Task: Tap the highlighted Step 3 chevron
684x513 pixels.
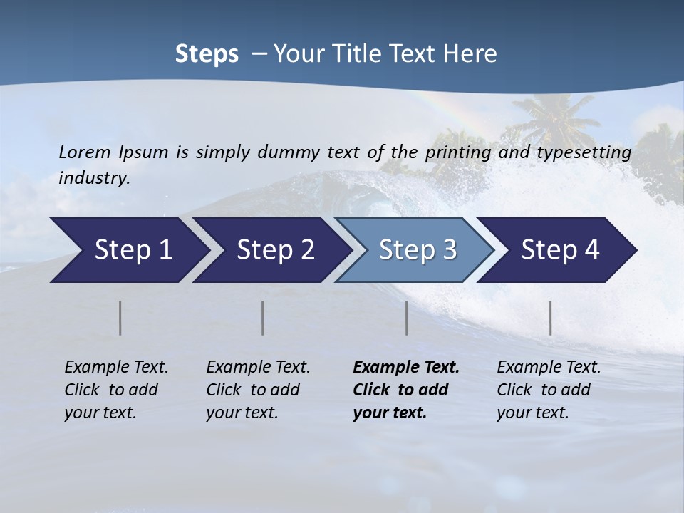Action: [x=418, y=250]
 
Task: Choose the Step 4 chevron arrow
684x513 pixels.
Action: [x=560, y=250]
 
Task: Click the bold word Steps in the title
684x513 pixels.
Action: [x=207, y=53]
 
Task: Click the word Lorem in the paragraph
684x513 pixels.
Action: [x=85, y=152]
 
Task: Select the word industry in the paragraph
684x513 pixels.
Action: [x=93, y=178]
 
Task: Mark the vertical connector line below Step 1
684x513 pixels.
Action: [x=120, y=318]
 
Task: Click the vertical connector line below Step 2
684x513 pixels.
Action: [x=263, y=318]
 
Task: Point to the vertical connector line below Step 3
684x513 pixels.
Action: [x=407, y=318]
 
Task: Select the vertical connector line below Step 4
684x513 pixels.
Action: [x=551, y=318]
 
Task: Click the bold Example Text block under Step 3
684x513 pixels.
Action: [x=405, y=390]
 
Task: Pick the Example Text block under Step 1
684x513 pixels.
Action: [x=116, y=390]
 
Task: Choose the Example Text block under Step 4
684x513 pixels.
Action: [x=549, y=390]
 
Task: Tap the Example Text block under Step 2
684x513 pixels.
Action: [x=258, y=390]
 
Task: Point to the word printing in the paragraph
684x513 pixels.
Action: [x=456, y=152]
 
